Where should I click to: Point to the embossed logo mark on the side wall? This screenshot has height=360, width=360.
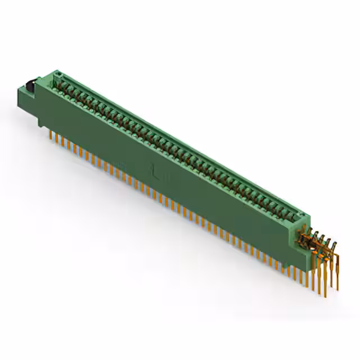tap(156, 169)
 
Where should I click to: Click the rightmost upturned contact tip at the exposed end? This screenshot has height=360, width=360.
tap(335, 244)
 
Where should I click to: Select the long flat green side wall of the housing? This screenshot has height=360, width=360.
tap(169, 169)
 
